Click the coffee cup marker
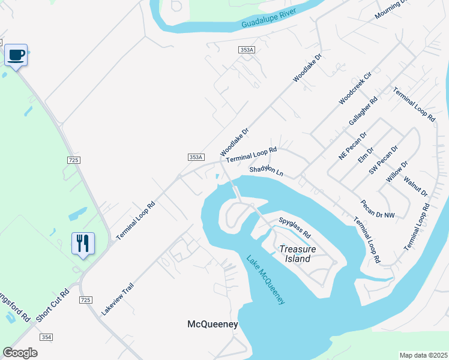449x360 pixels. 16,55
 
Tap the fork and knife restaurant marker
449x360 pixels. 83,243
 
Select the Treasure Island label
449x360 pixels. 295,254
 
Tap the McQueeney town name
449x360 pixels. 212,324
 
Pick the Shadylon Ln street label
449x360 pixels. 266,172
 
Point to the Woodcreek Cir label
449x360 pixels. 355,88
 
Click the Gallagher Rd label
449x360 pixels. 364,111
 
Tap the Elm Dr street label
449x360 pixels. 366,155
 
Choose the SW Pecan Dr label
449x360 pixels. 384,160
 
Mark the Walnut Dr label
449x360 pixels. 415,186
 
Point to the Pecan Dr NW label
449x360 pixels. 378,209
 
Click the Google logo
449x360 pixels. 20,352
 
